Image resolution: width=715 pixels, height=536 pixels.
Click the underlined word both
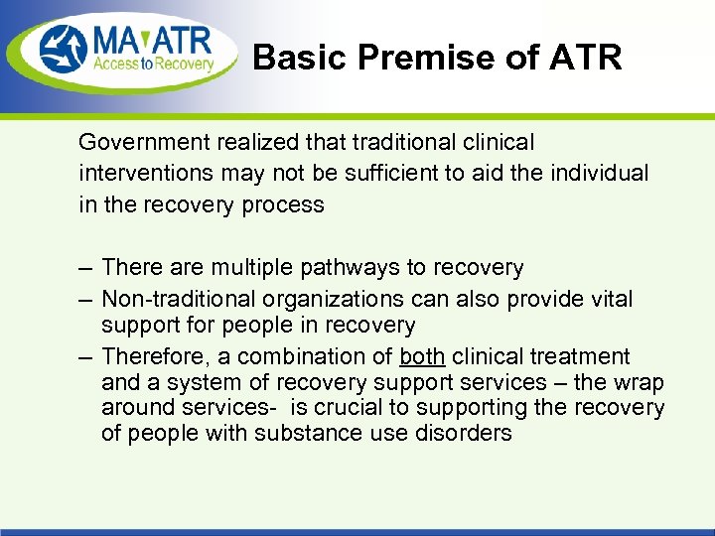tap(421, 356)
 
